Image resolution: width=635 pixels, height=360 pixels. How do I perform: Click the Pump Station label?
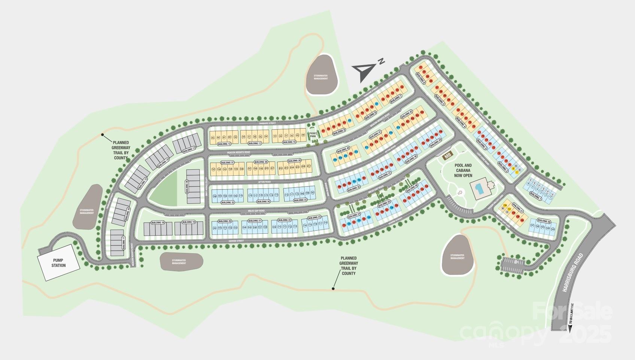tap(59, 263)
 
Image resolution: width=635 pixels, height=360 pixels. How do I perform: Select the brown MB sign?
tap(447, 155)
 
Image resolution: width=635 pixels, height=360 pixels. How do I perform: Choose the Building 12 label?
tap(224, 144)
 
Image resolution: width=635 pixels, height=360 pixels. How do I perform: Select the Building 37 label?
tap(227, 163)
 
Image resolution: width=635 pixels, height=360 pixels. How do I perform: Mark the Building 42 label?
tap(407, 114)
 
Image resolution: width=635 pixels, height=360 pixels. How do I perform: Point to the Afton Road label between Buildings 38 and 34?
tap(264, 181)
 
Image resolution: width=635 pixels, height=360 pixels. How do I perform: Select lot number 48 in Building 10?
tap(303, 136)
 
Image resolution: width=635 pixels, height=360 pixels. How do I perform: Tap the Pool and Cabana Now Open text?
tap(463, 170)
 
